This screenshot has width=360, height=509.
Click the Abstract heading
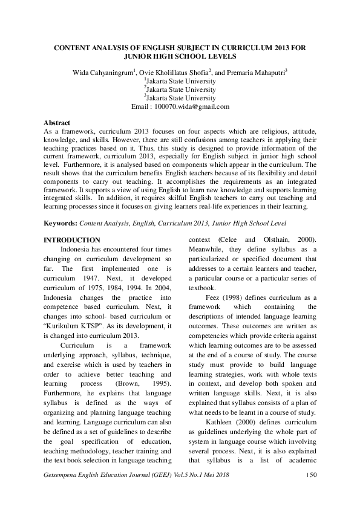[x=57, y=123]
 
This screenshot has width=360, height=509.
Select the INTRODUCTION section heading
[x=72, y=240]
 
